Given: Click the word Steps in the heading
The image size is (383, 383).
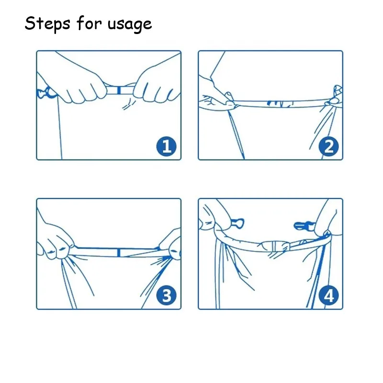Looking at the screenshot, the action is pyautogui.click(x=47, y=23).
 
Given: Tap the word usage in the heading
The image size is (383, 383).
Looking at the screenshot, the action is pyautogui.click(x=130, y=25).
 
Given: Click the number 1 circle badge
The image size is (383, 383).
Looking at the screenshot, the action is pyautogui.click(x=166, y=146).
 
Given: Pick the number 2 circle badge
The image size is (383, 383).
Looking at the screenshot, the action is pyautogui.click(x=328, y=146).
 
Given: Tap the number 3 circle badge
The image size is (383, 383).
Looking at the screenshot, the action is pyautogui.click(x=166, y=295).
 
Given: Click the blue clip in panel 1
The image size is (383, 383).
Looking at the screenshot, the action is pyautogui.click(x=46, y=93).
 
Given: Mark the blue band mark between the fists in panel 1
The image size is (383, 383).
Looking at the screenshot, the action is pyautogui.click(x=119, y=90).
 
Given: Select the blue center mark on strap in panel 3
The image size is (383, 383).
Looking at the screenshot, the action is pyautogui.click(x=119, y=253).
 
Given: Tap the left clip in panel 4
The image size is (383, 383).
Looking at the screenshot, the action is pyautogui.click(x=237, y=223).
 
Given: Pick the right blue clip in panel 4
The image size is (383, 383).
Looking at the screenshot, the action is pyautogui.click(x=304, y=226).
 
